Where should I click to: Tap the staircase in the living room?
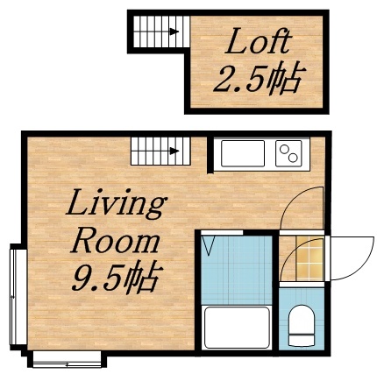pos(157,151)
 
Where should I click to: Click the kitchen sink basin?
pos(244,154)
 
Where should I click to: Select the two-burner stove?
pos(288,154)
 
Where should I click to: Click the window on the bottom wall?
pos(68,357)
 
